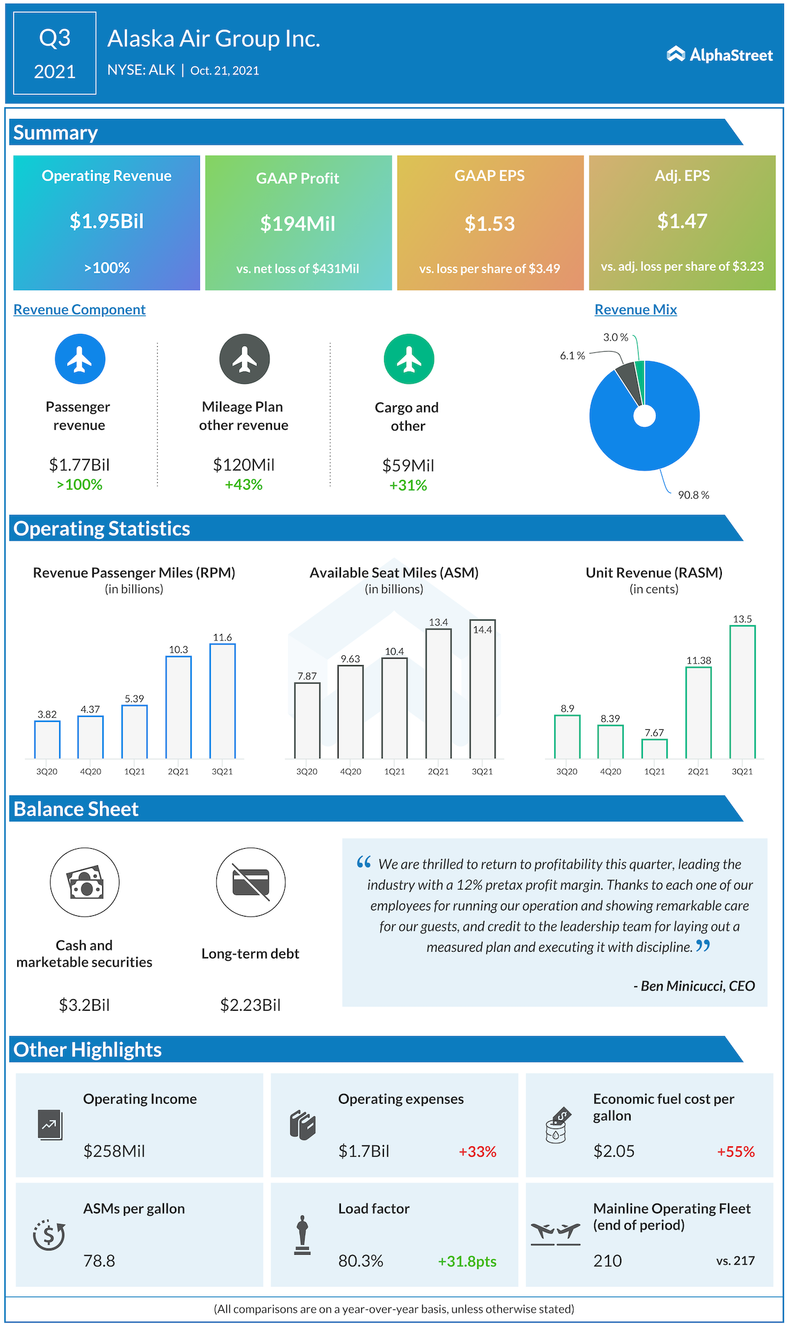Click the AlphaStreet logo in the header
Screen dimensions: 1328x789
(719, 55)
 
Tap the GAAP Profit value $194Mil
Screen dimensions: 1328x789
(298, 224)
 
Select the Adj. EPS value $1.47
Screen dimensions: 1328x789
(682, 221)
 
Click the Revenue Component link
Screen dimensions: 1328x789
(80, 310)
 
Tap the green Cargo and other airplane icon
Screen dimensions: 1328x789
(409, 359)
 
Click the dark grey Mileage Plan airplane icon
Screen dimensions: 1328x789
(244, 359)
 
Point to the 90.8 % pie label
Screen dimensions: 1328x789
(693, 495)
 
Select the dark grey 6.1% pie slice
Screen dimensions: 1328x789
(628, 382)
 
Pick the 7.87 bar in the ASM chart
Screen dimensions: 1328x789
(307, 721)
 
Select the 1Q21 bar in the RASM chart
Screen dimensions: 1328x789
(655, 748)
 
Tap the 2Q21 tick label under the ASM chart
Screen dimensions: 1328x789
(438, 772)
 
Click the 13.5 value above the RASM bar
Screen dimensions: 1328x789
(742, 619)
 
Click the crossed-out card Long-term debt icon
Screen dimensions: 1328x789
(250, 882)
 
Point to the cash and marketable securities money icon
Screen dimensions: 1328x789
(84, 882)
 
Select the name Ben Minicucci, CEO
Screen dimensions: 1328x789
(694, 986)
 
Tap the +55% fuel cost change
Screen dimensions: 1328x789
(735, 1152)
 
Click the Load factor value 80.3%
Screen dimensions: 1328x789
(361, 1261)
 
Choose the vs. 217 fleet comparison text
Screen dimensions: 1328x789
(735, 1261)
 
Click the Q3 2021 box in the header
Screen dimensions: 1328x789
(55, 54)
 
